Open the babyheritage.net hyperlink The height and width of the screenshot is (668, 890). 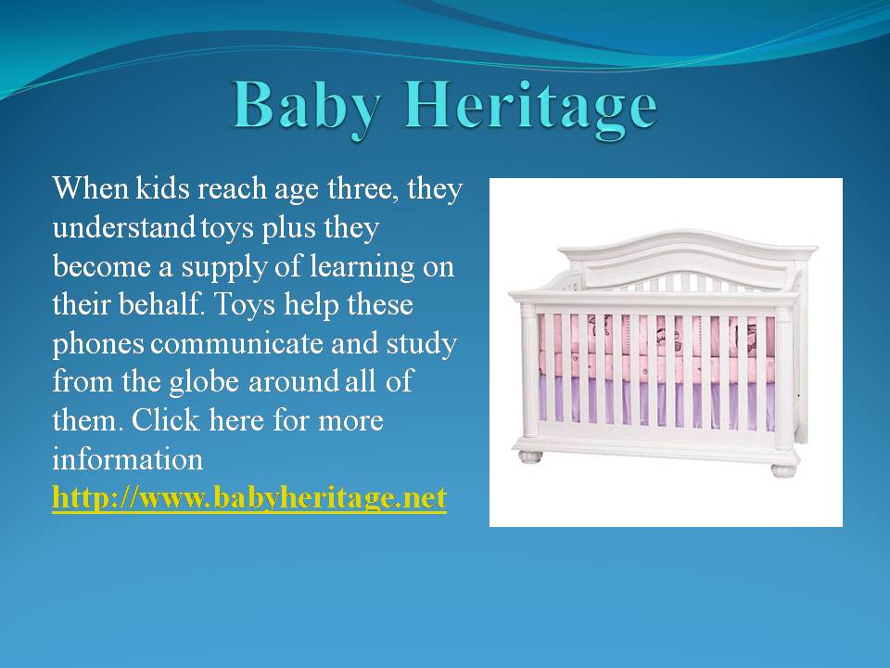click(x=249, y=498)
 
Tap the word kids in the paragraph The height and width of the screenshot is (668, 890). click(x=162, y=188)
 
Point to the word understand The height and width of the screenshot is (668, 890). click(x=123, y=227)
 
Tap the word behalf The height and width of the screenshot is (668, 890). click(x=160, y=304)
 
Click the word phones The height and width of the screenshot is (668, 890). click(x=98, y=344)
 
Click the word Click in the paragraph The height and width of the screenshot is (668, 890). click(x=166, y=420)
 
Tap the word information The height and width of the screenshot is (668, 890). click(x=128, y=459)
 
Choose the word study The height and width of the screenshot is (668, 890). click(x=422, y=344)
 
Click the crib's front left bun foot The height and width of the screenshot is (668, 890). click(x=530, y=456)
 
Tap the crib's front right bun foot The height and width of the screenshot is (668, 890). click(x=784, y=470)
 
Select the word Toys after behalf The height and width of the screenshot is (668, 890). click(x=244, y=305)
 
